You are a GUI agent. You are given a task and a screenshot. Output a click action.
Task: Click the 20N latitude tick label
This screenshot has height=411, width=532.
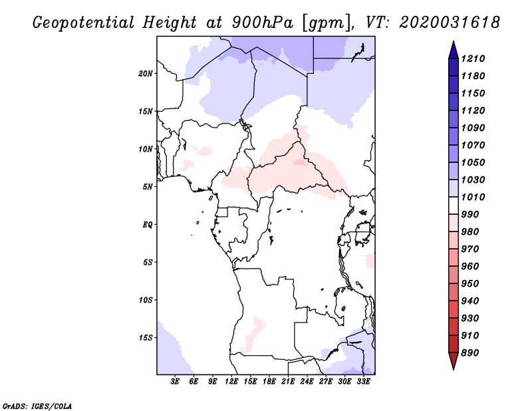coord(145,73)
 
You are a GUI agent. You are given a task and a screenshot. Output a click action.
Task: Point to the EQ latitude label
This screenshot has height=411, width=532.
coord(147,225)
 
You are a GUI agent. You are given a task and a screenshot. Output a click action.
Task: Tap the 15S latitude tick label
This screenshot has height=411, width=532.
coord(145,338)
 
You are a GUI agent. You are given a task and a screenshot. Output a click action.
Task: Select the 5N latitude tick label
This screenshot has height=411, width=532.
coord(147,187)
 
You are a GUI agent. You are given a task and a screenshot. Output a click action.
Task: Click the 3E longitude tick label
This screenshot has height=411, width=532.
coord(175,381)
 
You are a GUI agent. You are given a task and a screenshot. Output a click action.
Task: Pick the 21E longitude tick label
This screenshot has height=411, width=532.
coord(288,381)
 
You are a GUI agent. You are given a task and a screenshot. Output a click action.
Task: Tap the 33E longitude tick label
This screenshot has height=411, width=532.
coord(363,381)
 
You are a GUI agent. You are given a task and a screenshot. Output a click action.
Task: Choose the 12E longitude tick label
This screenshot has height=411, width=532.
coord(231,381)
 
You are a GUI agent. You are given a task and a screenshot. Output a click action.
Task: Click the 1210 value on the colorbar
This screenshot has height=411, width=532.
coord(473,59)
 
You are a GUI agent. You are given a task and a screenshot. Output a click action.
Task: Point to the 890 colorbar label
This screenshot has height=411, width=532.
coord(470,352)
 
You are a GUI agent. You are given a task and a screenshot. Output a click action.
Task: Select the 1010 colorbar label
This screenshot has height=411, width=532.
coord(473,197)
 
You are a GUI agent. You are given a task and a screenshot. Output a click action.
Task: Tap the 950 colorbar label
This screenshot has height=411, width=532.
coord(470,283)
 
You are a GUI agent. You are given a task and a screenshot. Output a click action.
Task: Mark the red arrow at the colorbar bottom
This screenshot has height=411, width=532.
coord(454,360)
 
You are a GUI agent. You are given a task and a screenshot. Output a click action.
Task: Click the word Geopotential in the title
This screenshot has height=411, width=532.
coord(84,23)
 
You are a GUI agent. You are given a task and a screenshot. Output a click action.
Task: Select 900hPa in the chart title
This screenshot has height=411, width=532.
coord(262,23)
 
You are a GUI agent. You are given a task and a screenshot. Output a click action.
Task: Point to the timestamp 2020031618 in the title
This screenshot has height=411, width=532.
coord(450,23)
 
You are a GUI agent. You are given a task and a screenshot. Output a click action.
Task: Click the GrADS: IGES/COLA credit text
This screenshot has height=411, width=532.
coord(37,406)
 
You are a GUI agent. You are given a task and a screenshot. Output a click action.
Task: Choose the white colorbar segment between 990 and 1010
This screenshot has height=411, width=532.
coord(454,205)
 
